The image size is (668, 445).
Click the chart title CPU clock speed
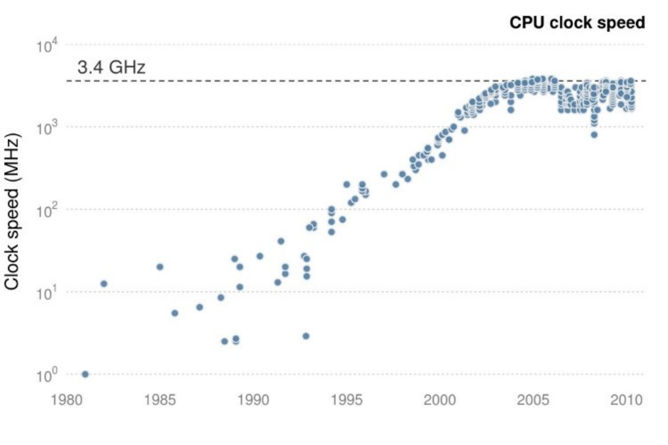tap(577, 23)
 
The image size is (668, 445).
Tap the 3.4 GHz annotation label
tap(111, 67)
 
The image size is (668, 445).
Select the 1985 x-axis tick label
tap(160, 400)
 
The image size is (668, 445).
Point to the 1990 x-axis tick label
tap(254, 400)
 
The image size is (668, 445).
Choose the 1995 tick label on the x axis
tap(348, 400)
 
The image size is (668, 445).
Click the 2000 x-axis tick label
tap(441, 400)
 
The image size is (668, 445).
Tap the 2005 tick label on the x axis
tap(535, 400)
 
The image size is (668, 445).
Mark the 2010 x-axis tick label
tap(627, 400)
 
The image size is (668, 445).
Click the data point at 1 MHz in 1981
tap(85, 374)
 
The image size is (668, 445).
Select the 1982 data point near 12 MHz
tap(104, 283)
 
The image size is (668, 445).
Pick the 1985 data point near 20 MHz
tap(160, 267)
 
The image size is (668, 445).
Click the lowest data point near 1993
tap(306, 336)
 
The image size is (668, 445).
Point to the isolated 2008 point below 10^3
tap(594, 135)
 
